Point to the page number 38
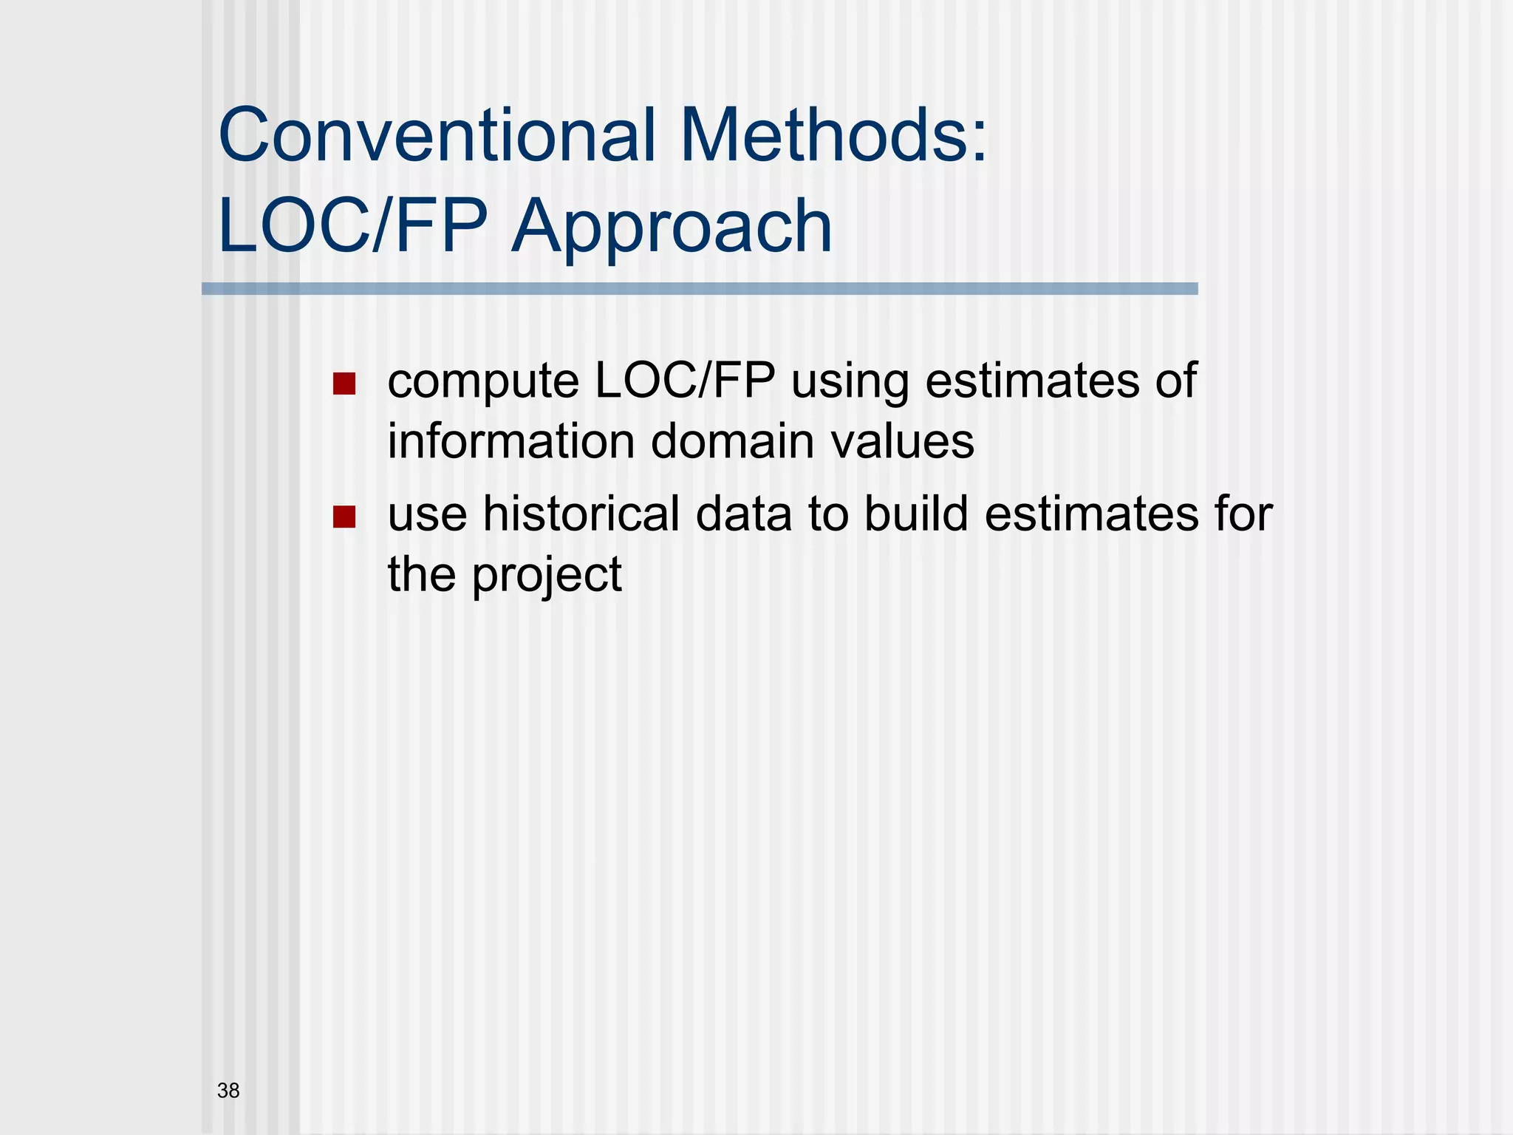point(228,1091)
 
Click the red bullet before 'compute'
point(344,384)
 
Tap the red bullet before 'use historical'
point(344,517)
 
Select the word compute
point(483,383)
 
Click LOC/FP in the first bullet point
point(685,381)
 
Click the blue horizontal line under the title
point(700,289)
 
